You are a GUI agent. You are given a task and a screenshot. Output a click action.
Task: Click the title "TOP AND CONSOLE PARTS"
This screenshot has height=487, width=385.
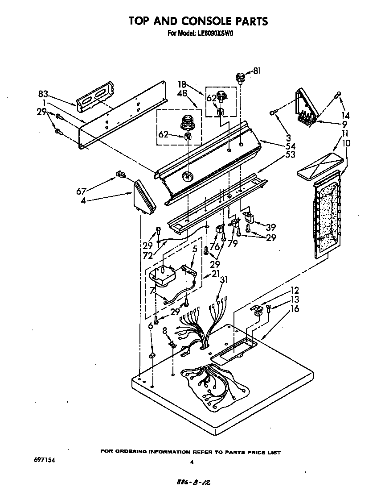(x=198, y=21)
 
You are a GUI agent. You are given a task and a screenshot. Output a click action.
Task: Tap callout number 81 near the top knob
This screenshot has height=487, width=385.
(x=257, y=71)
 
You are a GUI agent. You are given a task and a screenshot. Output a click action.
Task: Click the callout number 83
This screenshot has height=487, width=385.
(x=43, y=94)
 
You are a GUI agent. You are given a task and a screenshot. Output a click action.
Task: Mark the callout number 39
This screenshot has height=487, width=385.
(x=271, y=227)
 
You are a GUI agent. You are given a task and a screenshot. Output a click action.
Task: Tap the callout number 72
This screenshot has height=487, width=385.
(x=148, y=256)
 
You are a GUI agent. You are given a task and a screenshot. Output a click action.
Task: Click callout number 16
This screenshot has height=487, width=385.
(x=295, y=309)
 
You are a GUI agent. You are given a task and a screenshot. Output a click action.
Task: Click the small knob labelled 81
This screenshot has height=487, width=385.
(x=241, y=79)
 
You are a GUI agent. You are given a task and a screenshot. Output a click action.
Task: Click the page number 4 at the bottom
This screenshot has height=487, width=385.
(x=192, y=462)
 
